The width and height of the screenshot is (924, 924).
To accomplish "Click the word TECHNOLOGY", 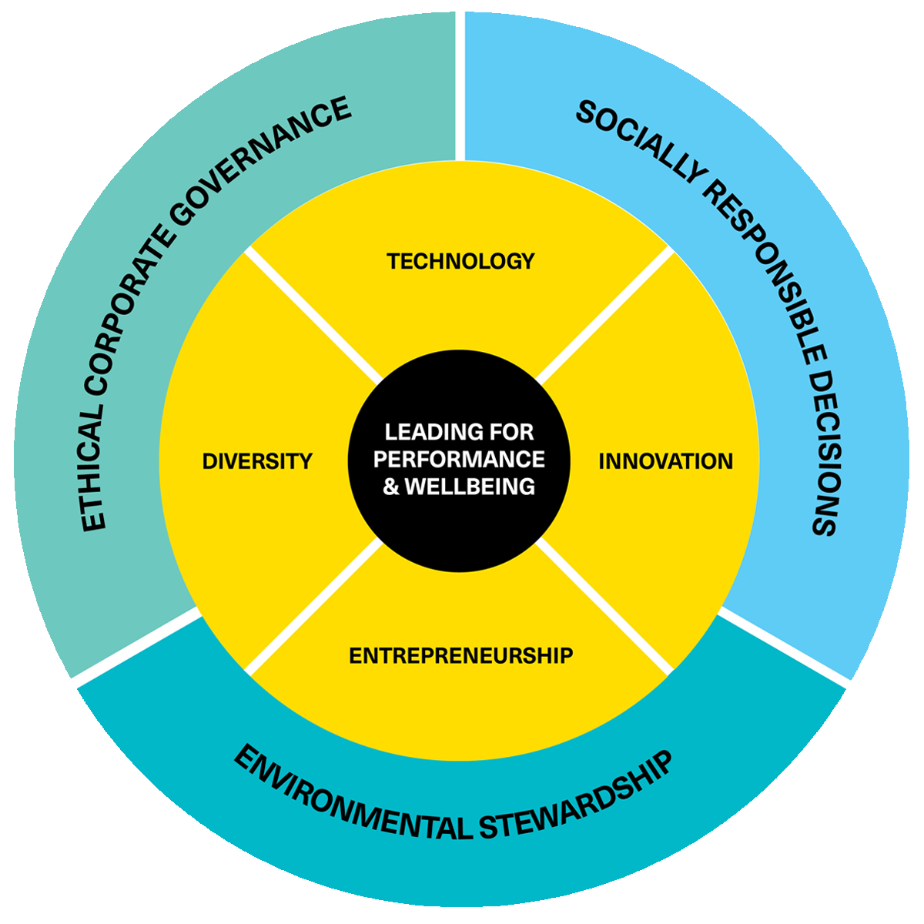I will tap(460, 262).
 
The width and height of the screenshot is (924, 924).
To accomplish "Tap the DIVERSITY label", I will tap(257, 461).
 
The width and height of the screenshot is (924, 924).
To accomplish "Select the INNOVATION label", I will tap(665, 461).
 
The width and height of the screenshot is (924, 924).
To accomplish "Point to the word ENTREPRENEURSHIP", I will tap(460, 656).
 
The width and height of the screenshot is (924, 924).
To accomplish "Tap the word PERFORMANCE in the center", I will tap(460, 460).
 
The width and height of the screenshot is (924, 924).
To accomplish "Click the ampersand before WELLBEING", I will tap(391, 487).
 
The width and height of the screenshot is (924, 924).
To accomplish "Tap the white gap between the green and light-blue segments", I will tap(460, 85).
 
